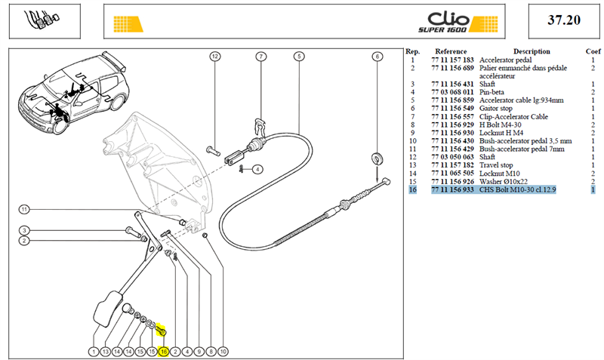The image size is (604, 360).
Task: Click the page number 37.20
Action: tap(564, 20)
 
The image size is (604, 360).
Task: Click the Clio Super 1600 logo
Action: tap(458, 23)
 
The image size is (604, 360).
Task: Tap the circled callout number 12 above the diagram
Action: tap(215, 57)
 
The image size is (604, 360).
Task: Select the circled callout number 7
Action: tap(261, 57)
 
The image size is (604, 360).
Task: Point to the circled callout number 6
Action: tap(377, 57)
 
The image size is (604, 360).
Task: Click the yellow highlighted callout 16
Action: tap(164, 352)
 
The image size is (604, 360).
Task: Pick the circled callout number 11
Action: tap(24, 210)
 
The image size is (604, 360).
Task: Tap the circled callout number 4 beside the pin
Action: tap(257, 169)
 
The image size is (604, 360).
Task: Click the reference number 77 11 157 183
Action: tap(452, 60)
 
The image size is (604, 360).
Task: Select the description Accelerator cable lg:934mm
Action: tap(521, 100)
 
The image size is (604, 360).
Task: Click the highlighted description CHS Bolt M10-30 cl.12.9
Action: tap(517, 189)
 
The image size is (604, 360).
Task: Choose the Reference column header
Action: tap(451, 51)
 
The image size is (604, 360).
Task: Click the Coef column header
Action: tap(593, 51)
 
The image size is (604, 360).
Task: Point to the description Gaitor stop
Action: tap(496, 108)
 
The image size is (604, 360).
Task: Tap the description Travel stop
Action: tap(496, 165)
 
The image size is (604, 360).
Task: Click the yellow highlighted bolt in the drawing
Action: tap(161, 330)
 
